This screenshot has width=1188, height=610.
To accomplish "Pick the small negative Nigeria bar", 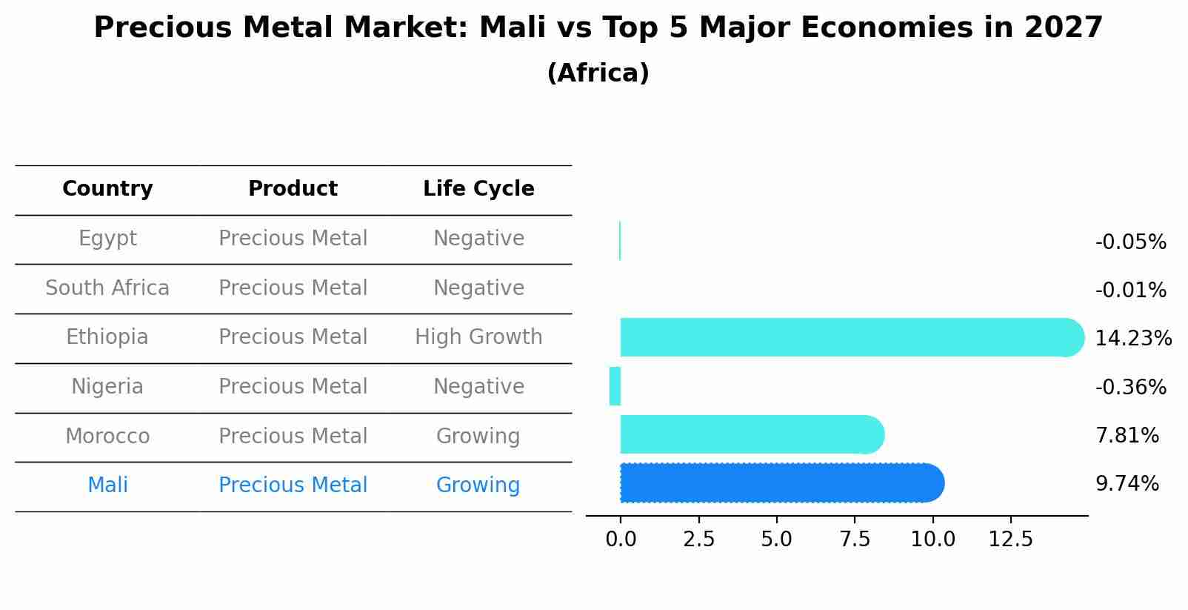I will pos(615,386).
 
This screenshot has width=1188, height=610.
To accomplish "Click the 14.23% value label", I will pos(1133,339).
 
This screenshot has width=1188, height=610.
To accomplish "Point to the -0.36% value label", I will pos(1130,388).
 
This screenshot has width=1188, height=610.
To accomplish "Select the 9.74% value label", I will pos(1127,484).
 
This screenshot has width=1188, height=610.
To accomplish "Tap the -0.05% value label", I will pos(1130,242).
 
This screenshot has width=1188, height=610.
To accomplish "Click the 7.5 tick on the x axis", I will pos(855,539).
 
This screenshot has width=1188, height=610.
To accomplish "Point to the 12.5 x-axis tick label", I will pos(1010,539).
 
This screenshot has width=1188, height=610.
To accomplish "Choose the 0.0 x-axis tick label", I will pos(621,539).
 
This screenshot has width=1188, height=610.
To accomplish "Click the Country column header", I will pos(107,189).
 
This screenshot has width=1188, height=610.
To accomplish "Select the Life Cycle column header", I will pos(478,189).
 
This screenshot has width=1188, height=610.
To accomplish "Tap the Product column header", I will pos(293,189).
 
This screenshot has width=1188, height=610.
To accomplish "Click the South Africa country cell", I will pos(107,288).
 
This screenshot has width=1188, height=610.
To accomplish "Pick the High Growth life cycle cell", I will pos(478,337).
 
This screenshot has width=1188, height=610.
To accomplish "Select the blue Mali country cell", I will pos(107,485).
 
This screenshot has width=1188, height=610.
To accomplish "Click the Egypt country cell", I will pos(107,239).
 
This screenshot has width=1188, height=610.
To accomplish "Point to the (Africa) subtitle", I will pos(598,73).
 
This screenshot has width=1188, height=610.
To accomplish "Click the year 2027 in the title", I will pos(1064,28).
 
